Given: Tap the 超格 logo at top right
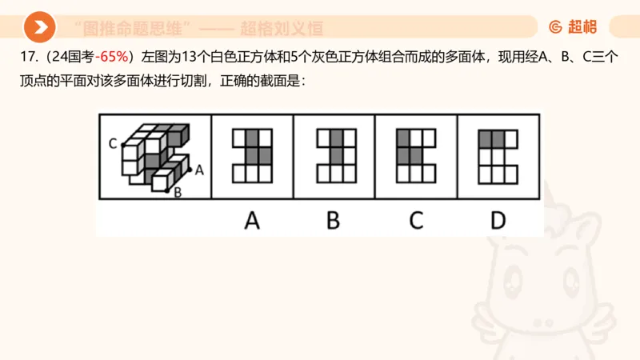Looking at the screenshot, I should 573,28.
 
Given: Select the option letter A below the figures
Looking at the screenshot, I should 252,220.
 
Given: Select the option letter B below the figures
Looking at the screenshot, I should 334,220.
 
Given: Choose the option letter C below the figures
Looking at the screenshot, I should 415,220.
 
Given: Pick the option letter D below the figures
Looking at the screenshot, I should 498,220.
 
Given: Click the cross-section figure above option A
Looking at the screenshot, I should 252,155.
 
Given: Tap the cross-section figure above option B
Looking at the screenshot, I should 334,155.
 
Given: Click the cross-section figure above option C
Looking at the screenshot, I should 415,155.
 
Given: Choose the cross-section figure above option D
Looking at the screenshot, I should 498,155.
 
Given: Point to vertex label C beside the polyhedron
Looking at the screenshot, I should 113,144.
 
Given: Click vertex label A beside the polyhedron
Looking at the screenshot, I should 199,169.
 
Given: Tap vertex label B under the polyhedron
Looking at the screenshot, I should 178,192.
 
